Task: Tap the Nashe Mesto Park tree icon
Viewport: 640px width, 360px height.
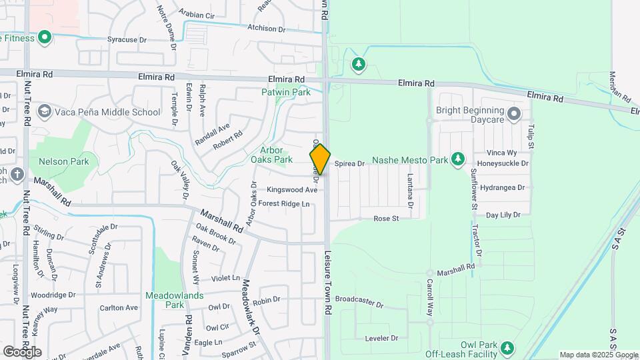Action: [x=457, y=159]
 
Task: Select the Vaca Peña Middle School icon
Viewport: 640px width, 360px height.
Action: [x=45, y=111]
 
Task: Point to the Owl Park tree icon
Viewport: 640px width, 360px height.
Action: [x=507, y=348]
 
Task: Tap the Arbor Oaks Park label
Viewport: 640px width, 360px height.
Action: [x=271, y=155]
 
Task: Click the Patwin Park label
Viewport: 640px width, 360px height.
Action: [x=286, y=92]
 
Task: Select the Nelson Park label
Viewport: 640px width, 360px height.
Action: [x=63, y=161]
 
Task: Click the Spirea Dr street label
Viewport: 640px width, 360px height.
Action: [x=349, y=163]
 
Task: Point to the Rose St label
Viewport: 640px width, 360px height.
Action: [x=385, y=218]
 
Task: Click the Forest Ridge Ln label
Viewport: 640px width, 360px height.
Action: [x=284, y=203]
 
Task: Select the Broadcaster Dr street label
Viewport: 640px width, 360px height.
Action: [x=359, y=302]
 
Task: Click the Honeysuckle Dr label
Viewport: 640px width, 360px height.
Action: [x=503, y=163]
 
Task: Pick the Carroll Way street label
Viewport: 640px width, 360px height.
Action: [x=430, y=288]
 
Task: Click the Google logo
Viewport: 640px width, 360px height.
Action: [x=22, y=352]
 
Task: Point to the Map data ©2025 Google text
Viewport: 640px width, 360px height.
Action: [x=599, y=355]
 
